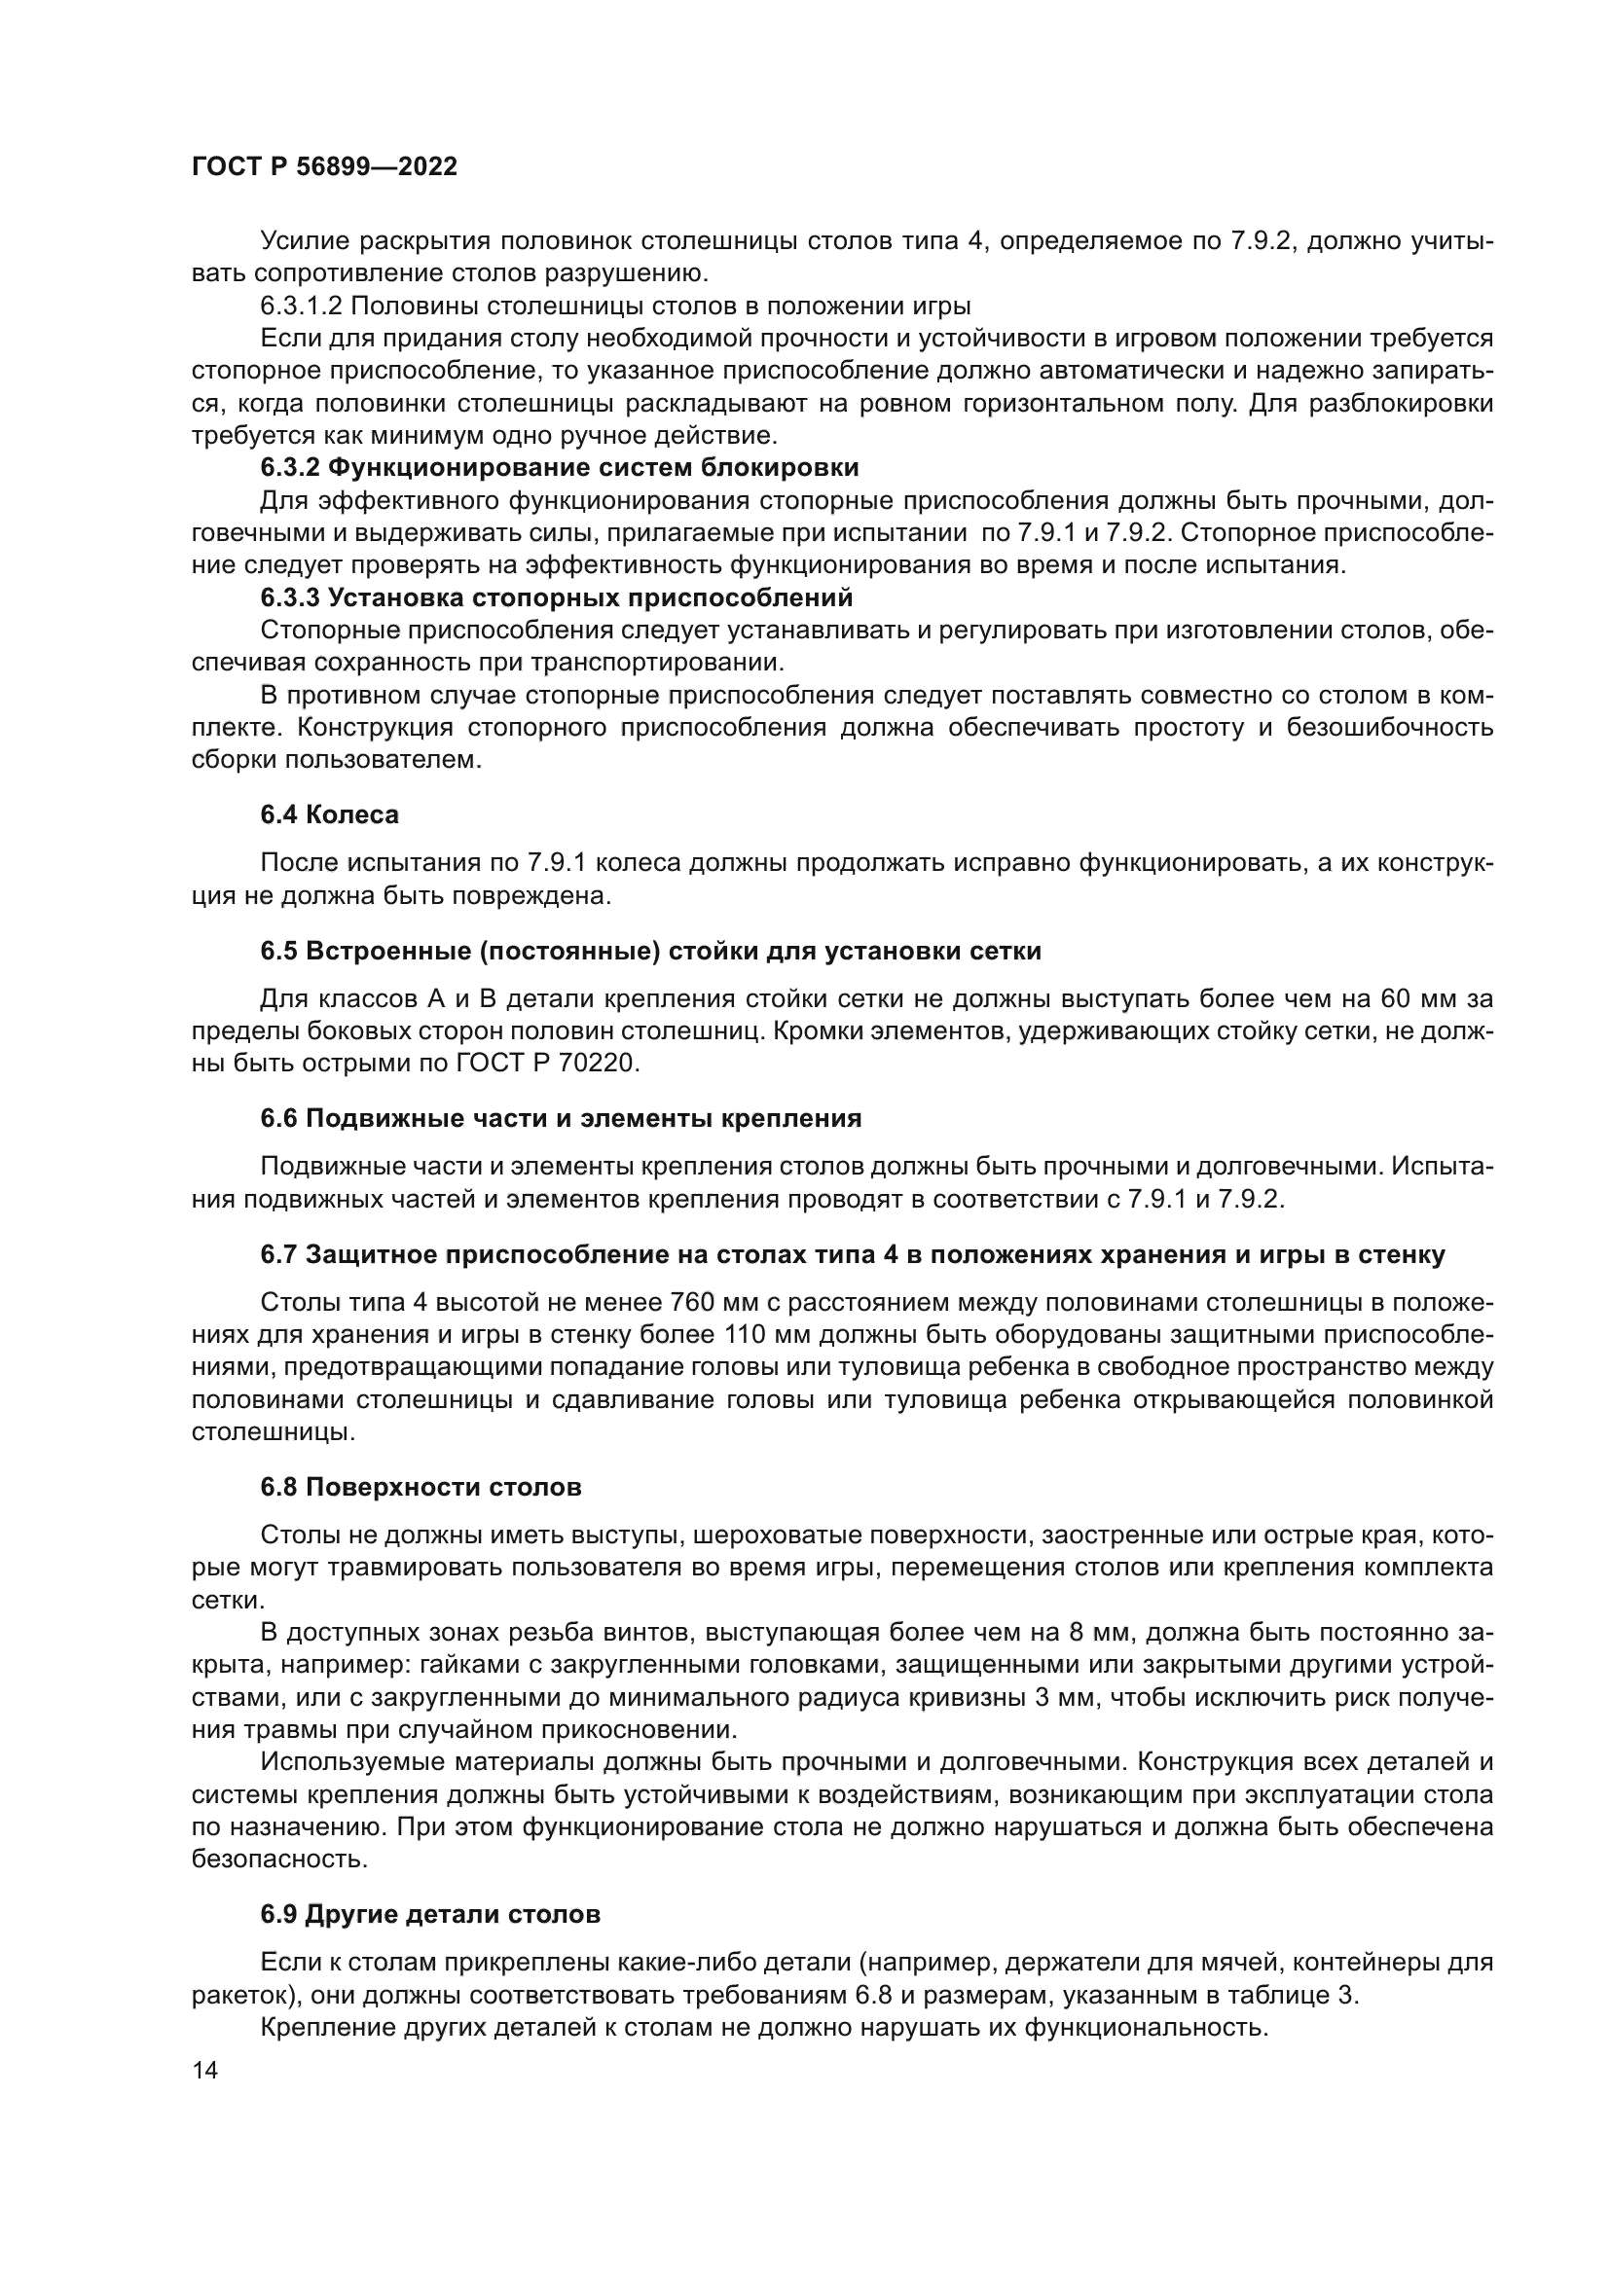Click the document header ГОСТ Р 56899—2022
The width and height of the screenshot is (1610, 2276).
[x=324, y=167]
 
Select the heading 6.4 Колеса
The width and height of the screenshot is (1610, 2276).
[x=329, y=814]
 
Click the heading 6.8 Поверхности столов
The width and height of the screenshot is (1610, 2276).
[x=421, y=1487]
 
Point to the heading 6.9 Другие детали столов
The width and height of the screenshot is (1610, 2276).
[x=430, y=1914]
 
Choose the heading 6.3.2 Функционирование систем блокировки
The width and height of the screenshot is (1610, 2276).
[x=559, y=468]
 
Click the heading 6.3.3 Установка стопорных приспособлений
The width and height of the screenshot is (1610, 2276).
[x=556, y=597]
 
